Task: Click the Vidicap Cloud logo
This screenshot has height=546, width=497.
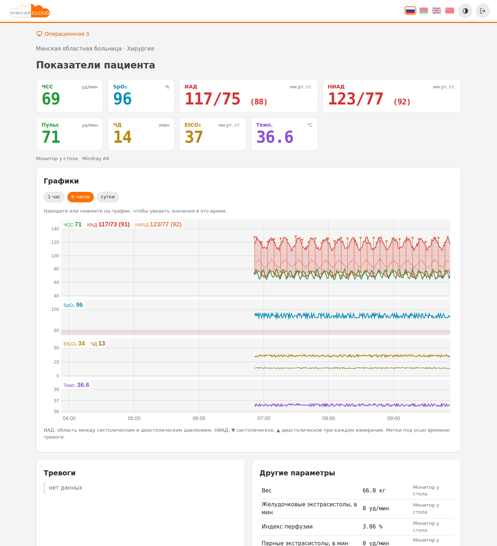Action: click(30, 11)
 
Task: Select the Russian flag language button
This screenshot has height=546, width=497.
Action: click(410, 11)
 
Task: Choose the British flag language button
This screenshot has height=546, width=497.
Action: click(436, 11)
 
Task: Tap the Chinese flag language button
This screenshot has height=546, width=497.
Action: click(449, 11)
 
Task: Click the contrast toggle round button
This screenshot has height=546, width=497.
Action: click(465, 11)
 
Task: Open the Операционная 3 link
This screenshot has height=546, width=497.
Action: click(63, 34)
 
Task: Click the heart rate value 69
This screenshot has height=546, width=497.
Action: click(51, 99)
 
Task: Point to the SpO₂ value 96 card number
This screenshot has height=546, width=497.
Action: click(123, 99)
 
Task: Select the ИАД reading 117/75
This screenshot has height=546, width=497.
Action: click(212, 99)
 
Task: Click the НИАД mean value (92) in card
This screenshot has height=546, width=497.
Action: click(402, 102)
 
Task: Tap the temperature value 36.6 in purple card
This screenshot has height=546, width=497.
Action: click(275, 136)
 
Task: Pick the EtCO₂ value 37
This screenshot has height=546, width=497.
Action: click(194, 136)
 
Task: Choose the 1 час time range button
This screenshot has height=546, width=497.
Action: click(54, 197)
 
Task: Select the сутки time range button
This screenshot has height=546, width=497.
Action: click(108, 197)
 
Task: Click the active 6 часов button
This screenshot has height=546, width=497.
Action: click(80, 197)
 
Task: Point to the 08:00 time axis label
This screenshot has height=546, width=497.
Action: click(329, 418)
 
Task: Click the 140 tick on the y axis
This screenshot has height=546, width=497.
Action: click(55, 229)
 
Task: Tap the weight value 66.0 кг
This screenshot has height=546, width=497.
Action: click(374, 490)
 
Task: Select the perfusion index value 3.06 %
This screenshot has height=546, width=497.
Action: click(372, 526)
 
